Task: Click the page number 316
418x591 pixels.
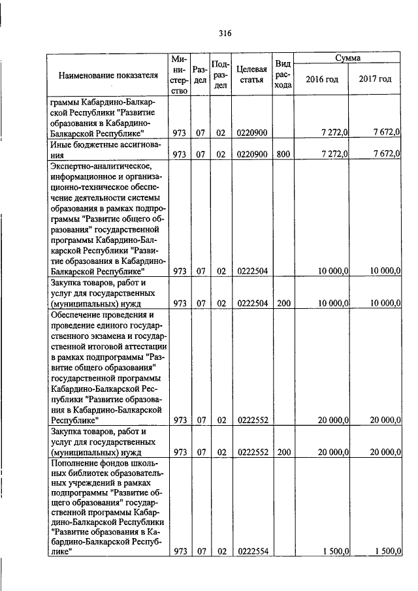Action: (x=226, y=33)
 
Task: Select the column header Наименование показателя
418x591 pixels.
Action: (x=108, y=75)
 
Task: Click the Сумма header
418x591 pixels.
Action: (x=347, y=59)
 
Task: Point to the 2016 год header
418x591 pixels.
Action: (x=322, y=79)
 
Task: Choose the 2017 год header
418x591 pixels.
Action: (x=375, y=79)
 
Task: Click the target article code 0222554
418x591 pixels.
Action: (x=251, y=551)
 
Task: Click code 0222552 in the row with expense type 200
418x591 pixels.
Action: (x=251, y=451)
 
